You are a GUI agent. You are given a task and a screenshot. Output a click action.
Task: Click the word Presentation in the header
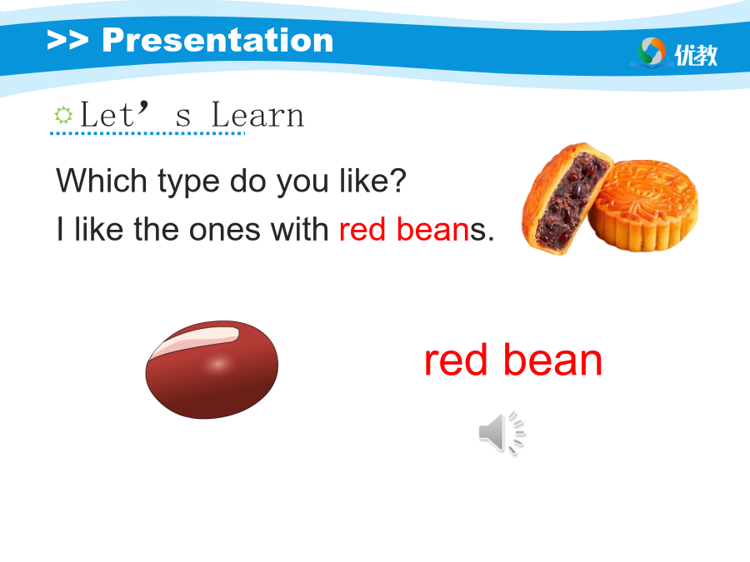click(217, 40)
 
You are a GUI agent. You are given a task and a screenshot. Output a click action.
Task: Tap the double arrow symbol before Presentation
click(67, 40)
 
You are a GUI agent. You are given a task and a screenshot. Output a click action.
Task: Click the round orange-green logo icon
click(652, 51)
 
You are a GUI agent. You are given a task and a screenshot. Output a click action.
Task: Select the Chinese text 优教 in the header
click(696, 54)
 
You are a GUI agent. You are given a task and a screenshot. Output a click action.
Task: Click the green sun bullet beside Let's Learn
click(63, 115)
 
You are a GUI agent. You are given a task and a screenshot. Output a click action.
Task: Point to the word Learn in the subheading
click(257, 115)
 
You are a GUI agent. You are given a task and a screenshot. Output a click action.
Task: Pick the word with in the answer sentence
click(299, 229)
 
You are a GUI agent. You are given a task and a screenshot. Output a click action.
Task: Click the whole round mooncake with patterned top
click(643, 206)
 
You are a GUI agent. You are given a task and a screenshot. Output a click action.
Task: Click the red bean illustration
click(212, 370)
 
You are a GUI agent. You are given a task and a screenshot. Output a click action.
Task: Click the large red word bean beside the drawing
click(552, 360)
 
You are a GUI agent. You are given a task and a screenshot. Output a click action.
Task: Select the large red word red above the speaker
click(456, 361)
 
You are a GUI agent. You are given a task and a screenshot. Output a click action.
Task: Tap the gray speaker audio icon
click(502, 433)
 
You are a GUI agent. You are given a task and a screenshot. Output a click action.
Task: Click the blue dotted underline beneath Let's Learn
click(147, 134)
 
